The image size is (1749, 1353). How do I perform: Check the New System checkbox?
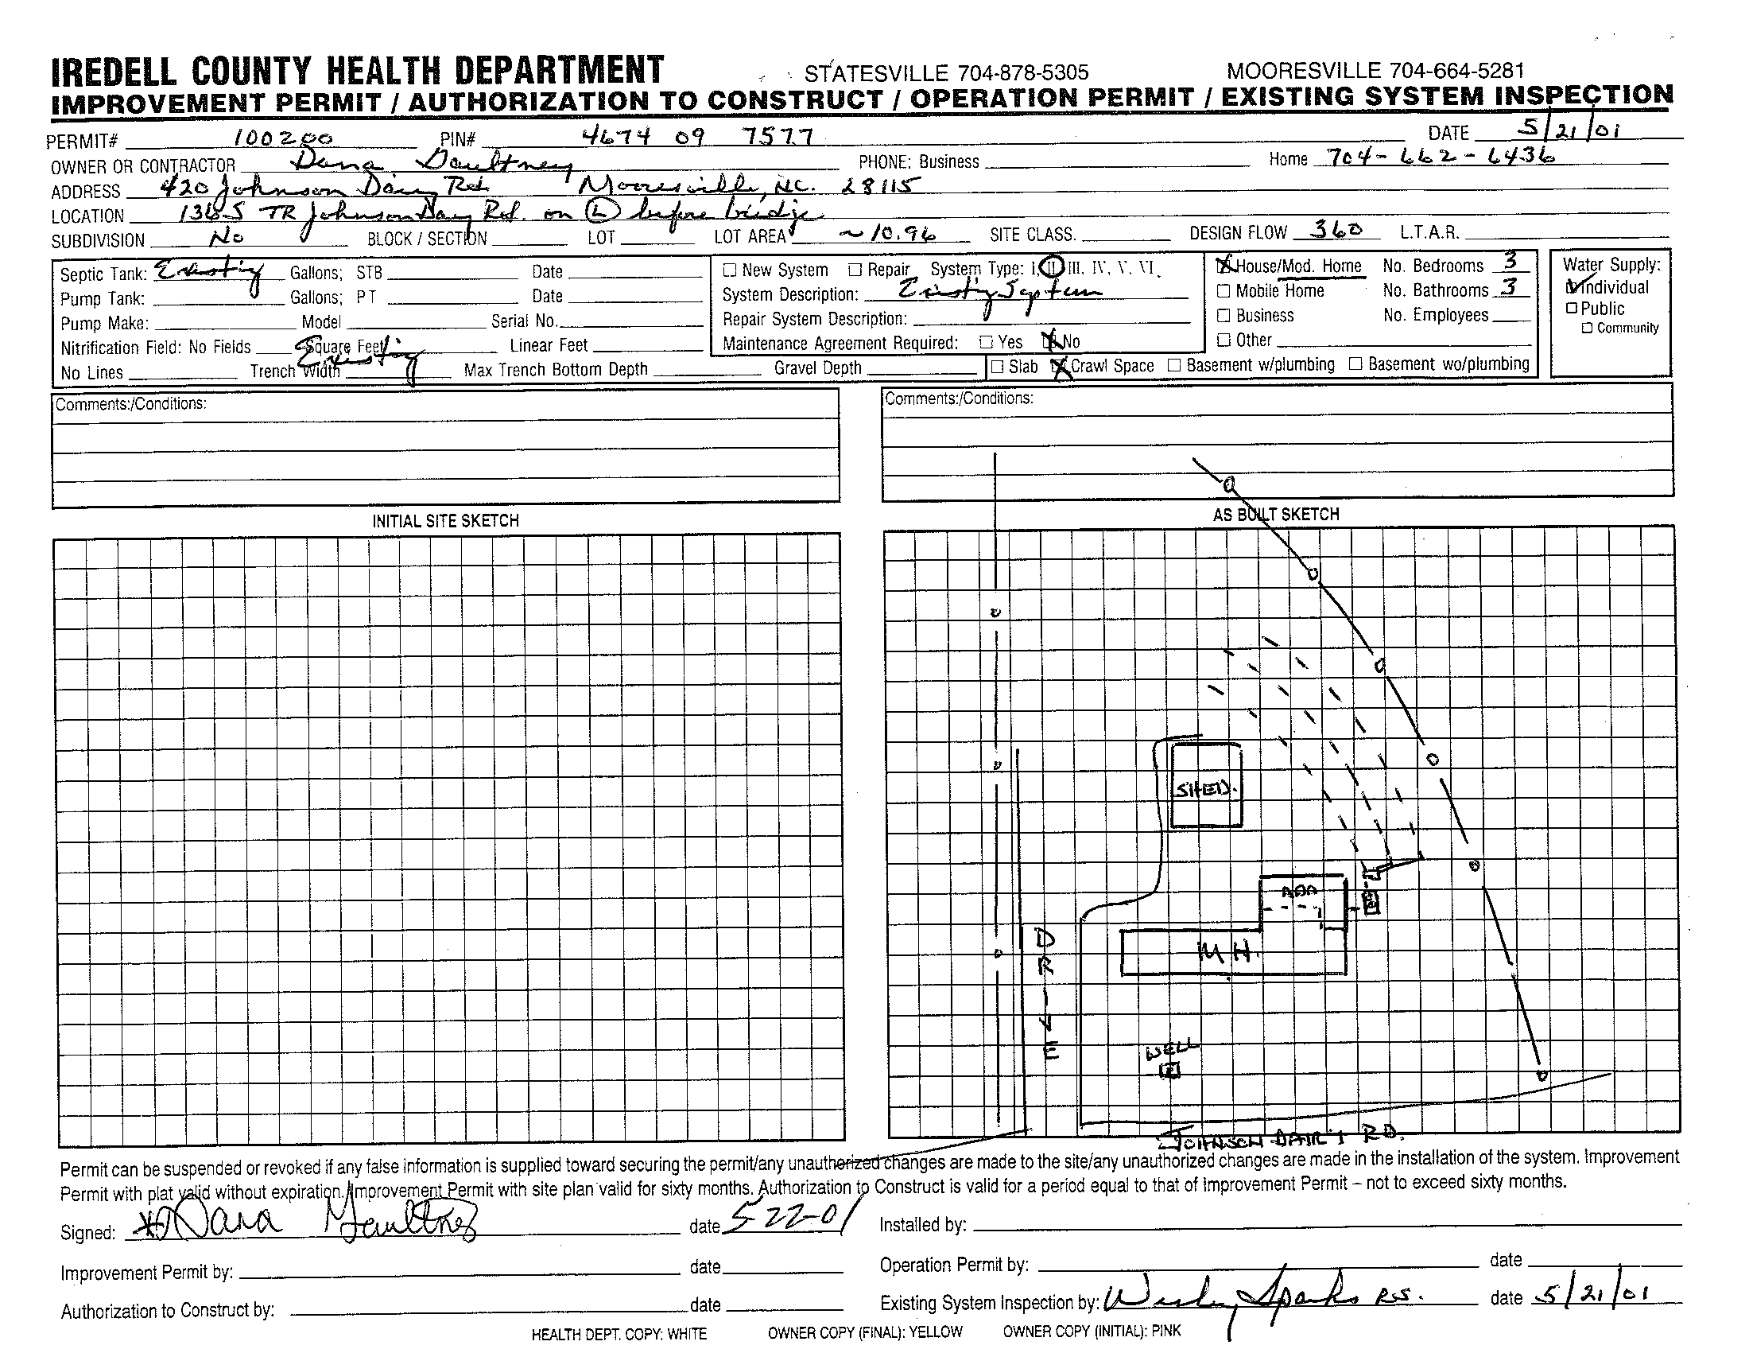pyautogui.click(x=729, y=270)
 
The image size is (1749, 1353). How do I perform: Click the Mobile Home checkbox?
pyautogui.click(x=1223, y=292)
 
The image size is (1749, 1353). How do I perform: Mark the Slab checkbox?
pyautogui.click(x=997, y=367)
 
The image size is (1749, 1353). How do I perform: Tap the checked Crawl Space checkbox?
pyautogui.click(x=1061, y=367)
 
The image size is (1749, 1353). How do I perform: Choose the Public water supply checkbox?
pyautogui.click(x=1571, y=309)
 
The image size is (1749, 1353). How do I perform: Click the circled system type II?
pyautogui.click(x=1054, y=266)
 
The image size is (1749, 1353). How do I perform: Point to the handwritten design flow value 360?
pyautogui.click(x=1336, y=230)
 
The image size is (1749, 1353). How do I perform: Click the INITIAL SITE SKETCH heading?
pyautogui.click(x=445, y=521)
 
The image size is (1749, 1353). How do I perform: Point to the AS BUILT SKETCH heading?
pyautogui.click(x=1275, y=515)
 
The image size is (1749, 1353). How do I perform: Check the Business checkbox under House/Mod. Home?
pyautogui.click(x=1223, y=316)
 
